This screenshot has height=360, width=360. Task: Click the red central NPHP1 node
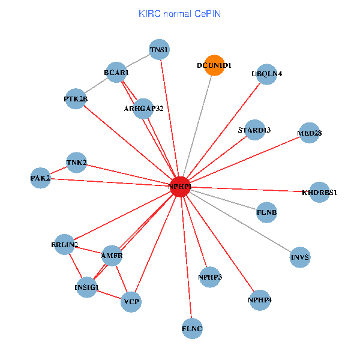pyautogui.click(x=180, y=187)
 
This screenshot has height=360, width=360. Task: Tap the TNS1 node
pyautogui.click(x=159, y=50)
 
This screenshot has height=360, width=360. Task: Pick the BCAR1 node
pyautogui.click(x=116, y=73)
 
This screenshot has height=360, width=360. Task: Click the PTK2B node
pyautogui.click(x=76, y=99)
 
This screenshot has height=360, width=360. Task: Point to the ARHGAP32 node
pyautogui.click(x=144, y=109)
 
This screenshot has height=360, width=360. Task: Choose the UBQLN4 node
pyautogui.click(x=266, y=74)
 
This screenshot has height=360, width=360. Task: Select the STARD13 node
pyautogui.click(x=254, y=130)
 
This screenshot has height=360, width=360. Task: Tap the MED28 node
pyautogui.click(x=309, y=133)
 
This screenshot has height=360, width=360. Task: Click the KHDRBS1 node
pyautogui.click(x=319, y=192)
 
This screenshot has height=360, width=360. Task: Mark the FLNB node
pyautogui.click(x=266, y=212)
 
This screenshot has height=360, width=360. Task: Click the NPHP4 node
pyautogui.click(x=259, y=299)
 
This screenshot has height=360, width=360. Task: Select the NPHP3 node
pyautogui.click(x=209, y=277)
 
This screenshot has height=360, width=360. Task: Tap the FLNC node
pyautogui.click(x=192, y=328)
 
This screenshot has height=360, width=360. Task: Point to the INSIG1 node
pyautogui.click(x=86, y=287)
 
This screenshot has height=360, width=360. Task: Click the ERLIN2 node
pyautogui.click(x=64, y=244)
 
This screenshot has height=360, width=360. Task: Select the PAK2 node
pyautogui.click(x=40, y=178)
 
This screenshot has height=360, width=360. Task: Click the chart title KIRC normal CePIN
pyautogui.click(x=179, y=13)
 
